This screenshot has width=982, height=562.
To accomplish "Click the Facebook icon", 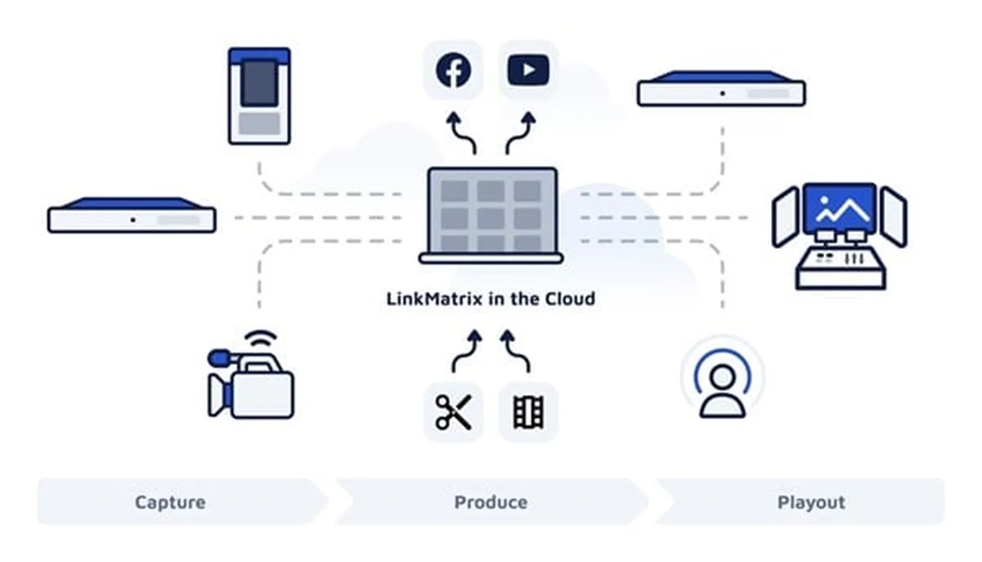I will pos(453,70).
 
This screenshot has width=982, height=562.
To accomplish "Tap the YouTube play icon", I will pos(528,70).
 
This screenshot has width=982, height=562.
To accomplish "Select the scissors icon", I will pos(453,412).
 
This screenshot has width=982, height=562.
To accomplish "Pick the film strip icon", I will pos(528,412).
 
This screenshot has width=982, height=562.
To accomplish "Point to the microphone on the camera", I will pos(220,358).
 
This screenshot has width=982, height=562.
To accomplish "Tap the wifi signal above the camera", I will pos(260,339).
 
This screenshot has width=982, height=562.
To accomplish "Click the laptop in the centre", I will pos(491,215).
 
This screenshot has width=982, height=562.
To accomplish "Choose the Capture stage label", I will pos(170,502).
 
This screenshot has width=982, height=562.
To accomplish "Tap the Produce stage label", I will pos(491,502).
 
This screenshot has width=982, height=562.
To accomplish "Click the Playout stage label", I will pos(811,502).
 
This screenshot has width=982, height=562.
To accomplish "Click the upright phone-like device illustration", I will pos(259,96).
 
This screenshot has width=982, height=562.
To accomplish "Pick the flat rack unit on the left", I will pos(132,216).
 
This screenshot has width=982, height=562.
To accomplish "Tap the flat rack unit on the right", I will pos(721,89).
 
